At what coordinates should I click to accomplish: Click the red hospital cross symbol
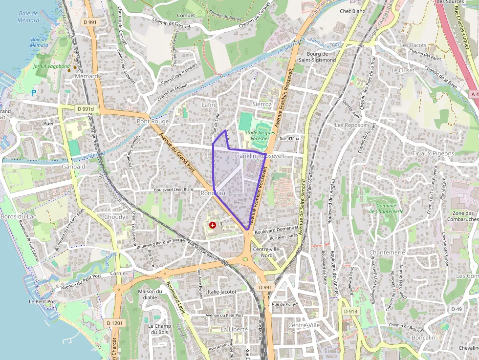(x=213, y=225)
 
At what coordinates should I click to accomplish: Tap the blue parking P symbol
(x=34, y=93)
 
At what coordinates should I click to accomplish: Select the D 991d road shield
(x=85, y=108)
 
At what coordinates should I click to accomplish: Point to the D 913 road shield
(x=350, y=311)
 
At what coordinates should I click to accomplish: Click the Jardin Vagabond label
(x=52, y=66)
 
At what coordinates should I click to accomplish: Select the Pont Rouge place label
(x=153, y=121)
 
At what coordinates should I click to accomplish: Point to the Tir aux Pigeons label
(x=433, y=153)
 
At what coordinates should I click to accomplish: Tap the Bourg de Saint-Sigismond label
(x=321, y=57)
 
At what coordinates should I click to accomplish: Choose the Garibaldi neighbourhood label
(x=74, y=167)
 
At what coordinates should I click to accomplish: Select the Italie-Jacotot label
(x=221, y=292)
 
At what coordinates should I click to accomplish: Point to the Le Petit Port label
(x=43, y=302)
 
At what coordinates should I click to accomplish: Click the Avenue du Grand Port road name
(x=180, y=156)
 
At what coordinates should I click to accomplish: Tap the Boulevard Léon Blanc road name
(x=174, y=189)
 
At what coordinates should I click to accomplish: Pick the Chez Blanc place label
(x=352, y=11)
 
